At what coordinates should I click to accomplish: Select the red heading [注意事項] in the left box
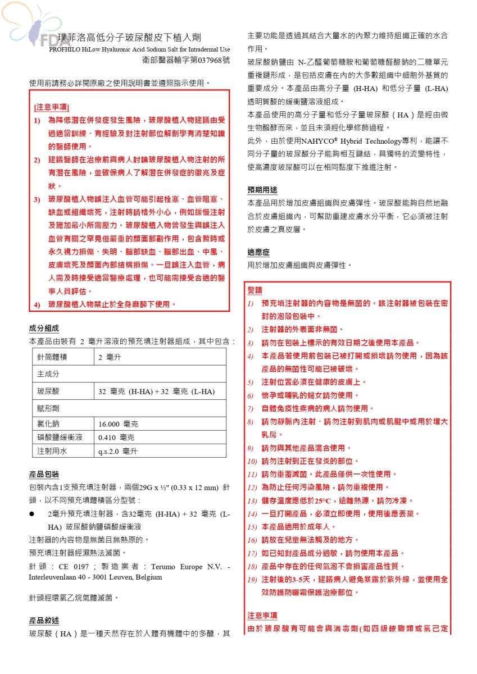[52, 106]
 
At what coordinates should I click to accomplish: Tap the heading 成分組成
[44, 328]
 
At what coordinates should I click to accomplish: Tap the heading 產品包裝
[44, 474]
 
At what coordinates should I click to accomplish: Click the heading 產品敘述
[44, 620]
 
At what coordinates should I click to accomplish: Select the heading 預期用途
[262, 189]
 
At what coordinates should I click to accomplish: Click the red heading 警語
[255, 290]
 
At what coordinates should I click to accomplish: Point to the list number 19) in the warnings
[252, 579]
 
